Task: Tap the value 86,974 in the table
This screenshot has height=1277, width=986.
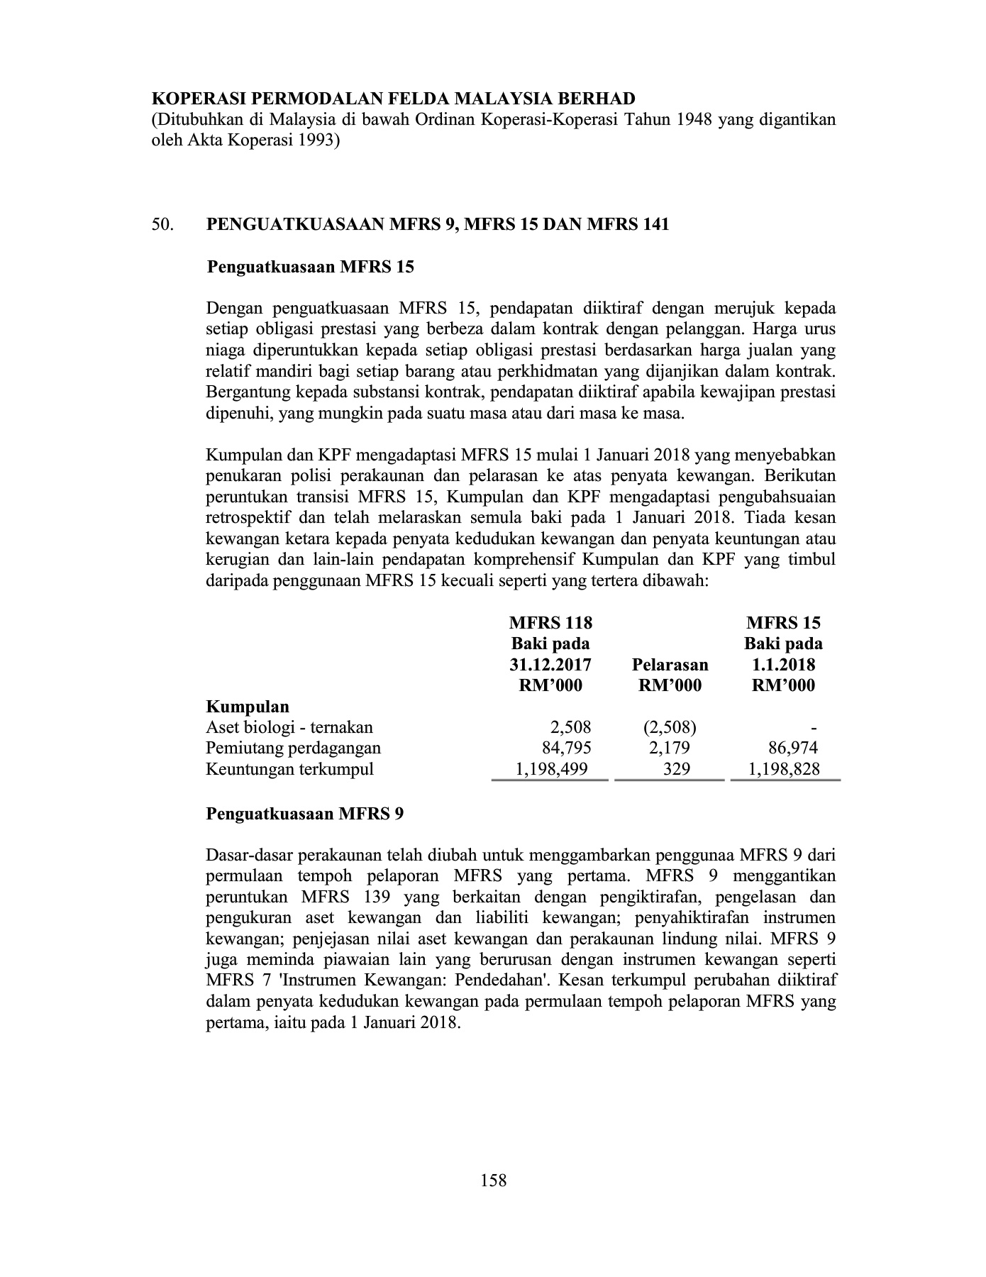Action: (793, 748)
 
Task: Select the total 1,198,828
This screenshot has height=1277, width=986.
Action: (784, 769)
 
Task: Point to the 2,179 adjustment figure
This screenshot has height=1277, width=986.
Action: (669, 748)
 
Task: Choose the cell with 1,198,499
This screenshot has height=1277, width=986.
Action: (550, 769)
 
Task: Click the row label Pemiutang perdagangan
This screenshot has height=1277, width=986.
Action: (293, 748)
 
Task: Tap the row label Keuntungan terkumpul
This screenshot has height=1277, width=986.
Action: (289, 769)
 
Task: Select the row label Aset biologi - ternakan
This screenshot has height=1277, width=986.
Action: (289, 727)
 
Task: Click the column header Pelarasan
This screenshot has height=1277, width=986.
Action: (669, 665)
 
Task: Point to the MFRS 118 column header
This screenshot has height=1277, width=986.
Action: (550, 624)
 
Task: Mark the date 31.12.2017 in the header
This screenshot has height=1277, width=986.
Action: (550, 665)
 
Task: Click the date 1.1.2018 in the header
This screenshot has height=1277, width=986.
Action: (783, 665)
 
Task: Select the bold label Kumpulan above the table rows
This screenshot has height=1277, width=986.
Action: (248, 707)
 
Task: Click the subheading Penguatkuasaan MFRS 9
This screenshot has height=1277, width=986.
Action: (305, 814)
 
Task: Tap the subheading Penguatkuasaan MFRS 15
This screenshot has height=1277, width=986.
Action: (310, 267)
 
